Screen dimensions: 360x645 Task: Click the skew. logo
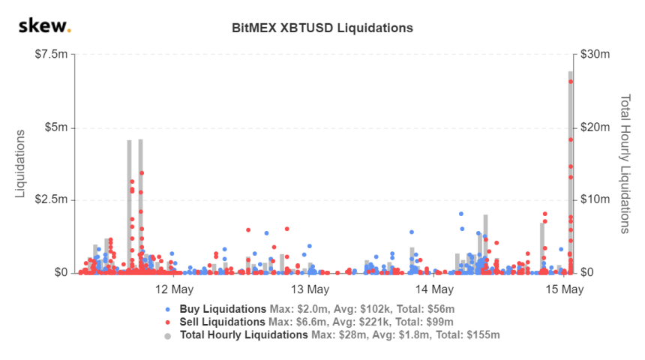44,27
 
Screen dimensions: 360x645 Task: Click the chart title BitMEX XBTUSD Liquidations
322,28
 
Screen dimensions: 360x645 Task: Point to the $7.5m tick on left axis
51,55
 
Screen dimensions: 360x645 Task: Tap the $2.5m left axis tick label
51,200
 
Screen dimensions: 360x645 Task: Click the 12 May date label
172,289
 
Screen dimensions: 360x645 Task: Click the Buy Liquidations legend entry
223,309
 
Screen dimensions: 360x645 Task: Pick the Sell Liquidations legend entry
223,322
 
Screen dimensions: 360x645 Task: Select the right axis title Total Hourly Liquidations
624,163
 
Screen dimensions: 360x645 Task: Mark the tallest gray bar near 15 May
570,172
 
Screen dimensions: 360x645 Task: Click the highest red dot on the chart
571,82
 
